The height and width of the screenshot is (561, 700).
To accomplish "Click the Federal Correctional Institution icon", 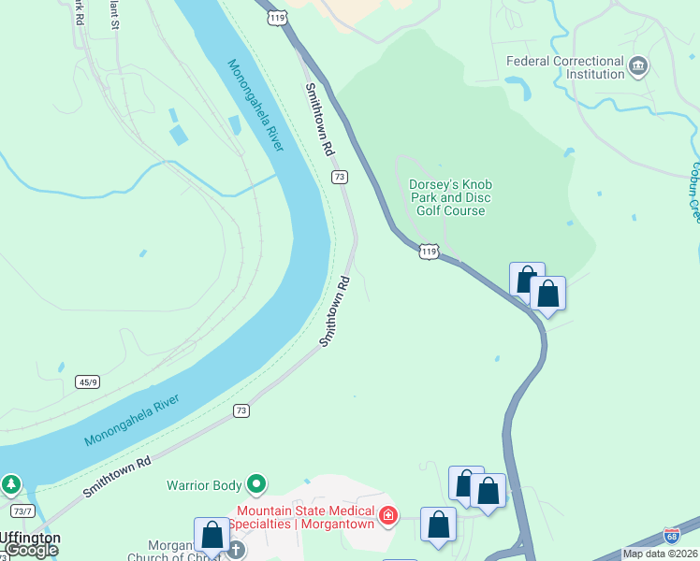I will tap(638, 66).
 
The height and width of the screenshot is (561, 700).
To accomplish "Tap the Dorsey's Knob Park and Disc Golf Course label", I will tap(450, 197).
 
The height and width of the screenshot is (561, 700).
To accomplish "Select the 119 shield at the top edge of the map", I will tap(276, 17).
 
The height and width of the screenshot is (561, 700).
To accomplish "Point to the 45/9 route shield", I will tap(88, 381).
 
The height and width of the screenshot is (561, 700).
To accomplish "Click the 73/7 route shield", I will tap(23, 511).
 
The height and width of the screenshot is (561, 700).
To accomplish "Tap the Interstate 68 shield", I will tap(671, 536).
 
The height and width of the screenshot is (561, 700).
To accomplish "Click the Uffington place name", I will tap(30, 538).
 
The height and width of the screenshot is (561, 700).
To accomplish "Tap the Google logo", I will tap(30, 550).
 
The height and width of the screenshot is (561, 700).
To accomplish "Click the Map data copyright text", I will tap(661, 554).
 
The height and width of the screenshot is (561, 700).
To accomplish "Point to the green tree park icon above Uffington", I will tap(11, 485).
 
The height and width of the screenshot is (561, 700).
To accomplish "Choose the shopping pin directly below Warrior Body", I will tap(212, 536).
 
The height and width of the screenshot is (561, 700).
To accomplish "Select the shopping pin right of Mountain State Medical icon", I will tap(438, 525).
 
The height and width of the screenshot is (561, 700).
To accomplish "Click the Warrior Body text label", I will tap(204, 485).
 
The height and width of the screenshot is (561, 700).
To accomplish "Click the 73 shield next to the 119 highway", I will tap(340, 177).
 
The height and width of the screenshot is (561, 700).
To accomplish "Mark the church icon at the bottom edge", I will tap(237, 550).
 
